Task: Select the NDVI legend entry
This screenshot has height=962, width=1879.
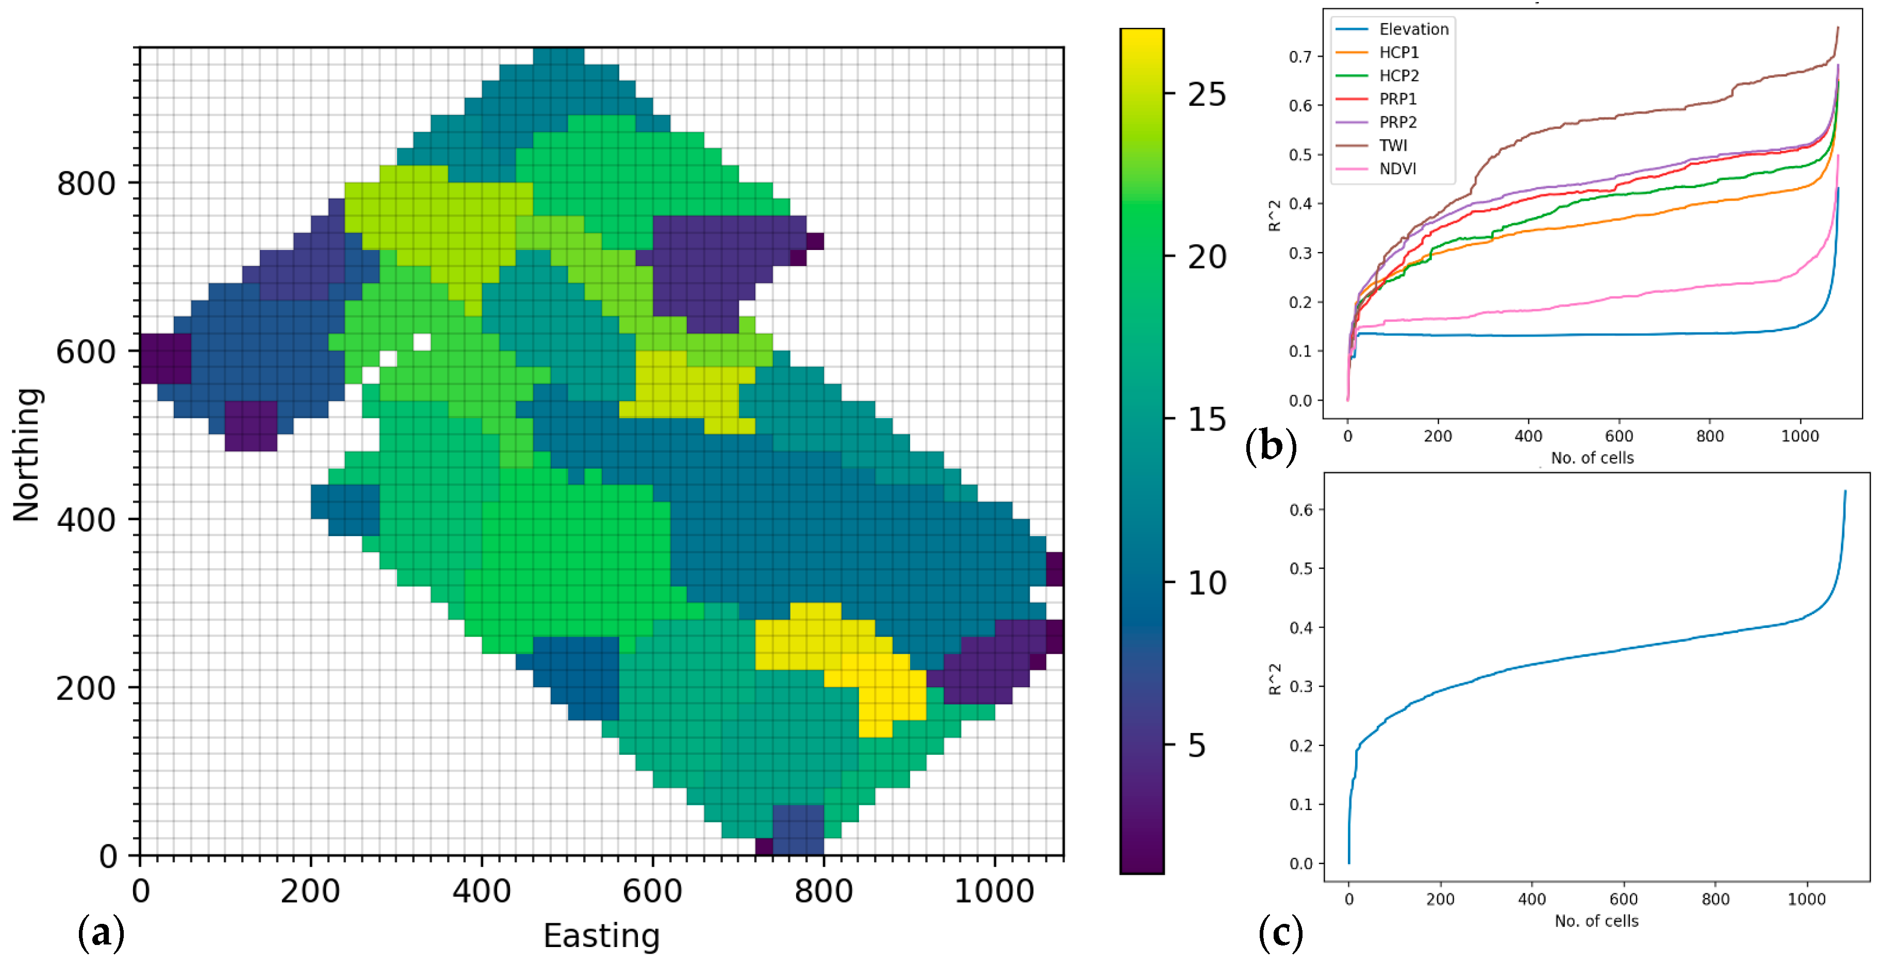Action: (1397, 169)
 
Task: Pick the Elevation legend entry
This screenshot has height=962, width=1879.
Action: (1413, 29)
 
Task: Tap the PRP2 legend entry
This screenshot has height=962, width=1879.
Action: (1397, 122)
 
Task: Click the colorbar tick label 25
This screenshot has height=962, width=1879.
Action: (1207, 95)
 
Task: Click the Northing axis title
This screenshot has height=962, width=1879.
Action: (27, 454)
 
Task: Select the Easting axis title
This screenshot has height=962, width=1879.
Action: (601, 936)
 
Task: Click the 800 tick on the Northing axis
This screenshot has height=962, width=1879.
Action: (86, 183)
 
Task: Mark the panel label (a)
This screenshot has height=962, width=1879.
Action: (101, 934)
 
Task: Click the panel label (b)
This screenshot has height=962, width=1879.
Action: (1270, 445)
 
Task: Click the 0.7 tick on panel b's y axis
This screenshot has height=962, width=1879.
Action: (1300, 57)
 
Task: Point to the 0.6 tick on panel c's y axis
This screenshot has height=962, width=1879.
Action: (1300, 510)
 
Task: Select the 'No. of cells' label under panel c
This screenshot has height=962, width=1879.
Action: (1596, 921)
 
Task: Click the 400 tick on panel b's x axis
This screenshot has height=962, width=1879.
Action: (1528, 436)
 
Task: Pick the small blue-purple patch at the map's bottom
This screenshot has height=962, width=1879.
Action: (798, 830)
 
